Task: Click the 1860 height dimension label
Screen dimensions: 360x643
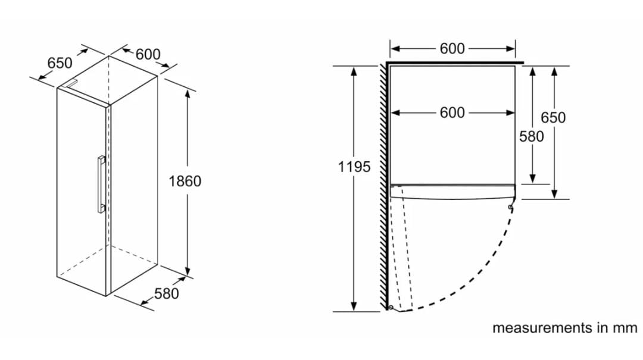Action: (185, 181)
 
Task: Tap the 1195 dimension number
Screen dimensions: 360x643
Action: (354, 167)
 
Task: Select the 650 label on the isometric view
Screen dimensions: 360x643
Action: (60, 62)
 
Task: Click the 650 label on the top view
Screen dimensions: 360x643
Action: (553, 117)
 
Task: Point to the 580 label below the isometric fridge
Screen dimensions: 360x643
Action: (167, 293)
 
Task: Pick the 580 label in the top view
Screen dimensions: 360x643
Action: (532, 136)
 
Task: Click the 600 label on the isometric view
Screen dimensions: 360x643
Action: (148, 54)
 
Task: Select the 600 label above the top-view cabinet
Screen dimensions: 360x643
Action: (452, 49)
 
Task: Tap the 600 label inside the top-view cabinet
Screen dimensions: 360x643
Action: (452, 112)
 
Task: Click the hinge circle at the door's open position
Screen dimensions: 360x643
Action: (389, 308)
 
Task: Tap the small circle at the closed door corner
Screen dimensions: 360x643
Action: (511, 207)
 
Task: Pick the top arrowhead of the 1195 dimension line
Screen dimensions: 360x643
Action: (354, 71)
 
